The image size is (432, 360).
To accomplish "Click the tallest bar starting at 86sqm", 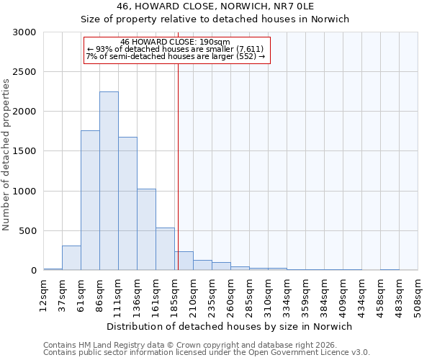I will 109,181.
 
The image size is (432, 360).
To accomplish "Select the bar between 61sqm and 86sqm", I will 90,200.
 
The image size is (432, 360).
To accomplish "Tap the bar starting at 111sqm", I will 127,204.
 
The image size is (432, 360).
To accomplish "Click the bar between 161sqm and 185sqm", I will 165,249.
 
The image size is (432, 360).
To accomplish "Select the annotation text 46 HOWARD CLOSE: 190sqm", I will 176,42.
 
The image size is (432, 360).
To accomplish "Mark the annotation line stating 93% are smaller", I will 176,49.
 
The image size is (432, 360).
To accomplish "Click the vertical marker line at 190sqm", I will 177,166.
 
